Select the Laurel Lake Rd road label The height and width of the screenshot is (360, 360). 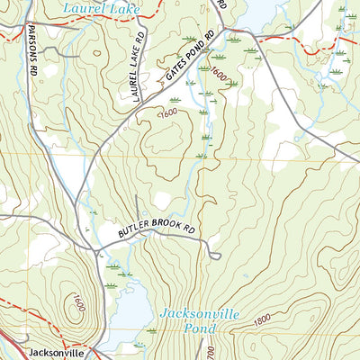[139, 67]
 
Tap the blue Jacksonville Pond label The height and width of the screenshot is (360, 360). [199, 321]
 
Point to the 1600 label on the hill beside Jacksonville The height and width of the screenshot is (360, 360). [78, 304]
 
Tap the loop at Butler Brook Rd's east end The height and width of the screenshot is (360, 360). [216, 256]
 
